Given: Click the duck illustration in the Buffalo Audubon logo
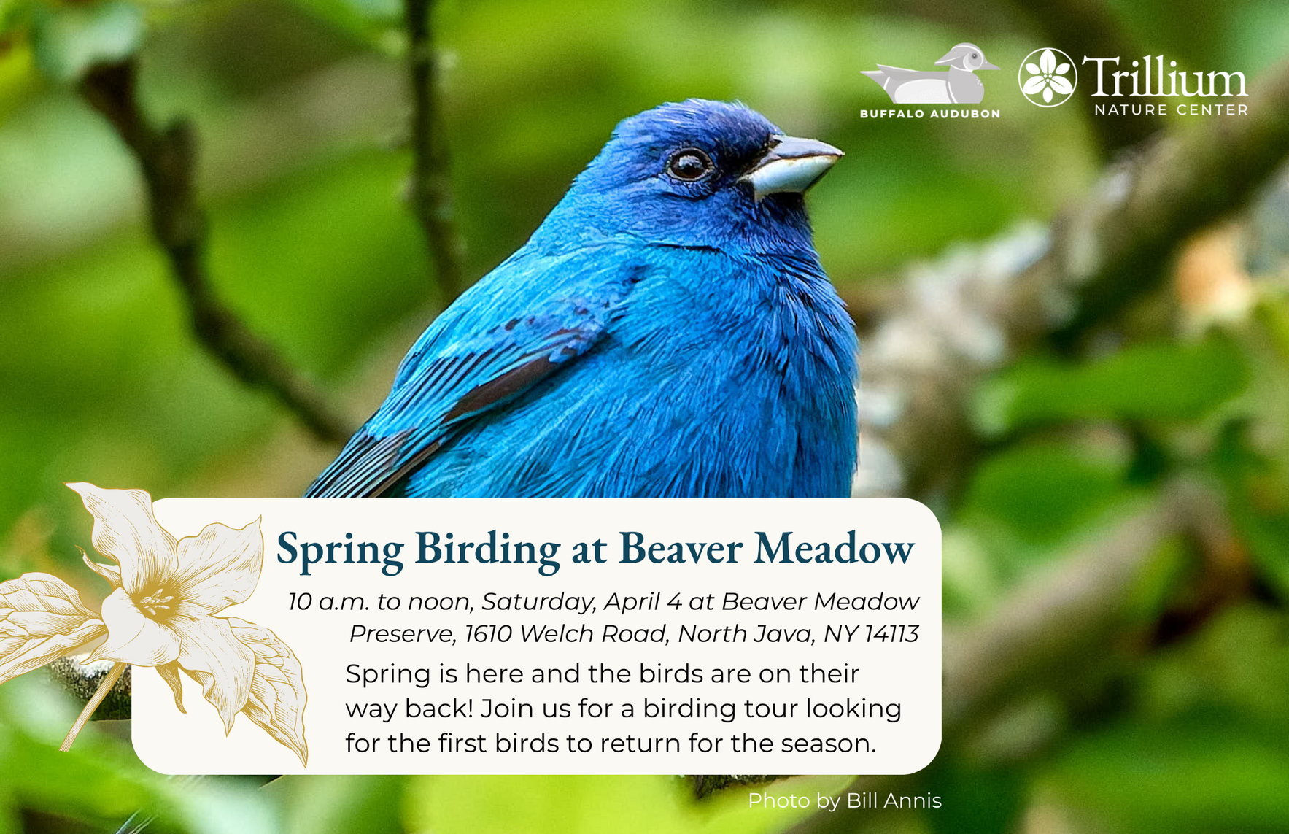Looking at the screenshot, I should click(x=930, y=76).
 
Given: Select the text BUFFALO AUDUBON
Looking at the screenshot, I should click(x=929, y=114).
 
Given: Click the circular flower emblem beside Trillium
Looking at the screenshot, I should click(x=1048, y=77).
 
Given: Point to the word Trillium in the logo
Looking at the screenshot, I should click(x=1164, y=77).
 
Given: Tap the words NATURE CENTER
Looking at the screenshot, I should click(x=1171, y=110).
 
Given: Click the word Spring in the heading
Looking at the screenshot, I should click(x=339, y=549).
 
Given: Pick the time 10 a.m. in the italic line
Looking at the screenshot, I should click(x=328, y=602).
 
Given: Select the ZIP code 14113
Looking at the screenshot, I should click(x=891, y=634).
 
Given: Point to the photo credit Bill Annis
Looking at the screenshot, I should click(x=894, y=801).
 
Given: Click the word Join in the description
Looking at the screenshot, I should click(x=504, y=708).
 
